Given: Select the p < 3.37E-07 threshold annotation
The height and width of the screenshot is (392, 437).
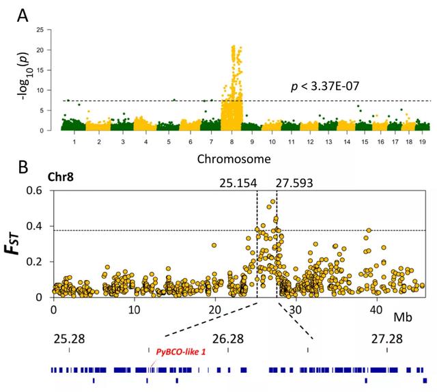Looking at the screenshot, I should (333, 88).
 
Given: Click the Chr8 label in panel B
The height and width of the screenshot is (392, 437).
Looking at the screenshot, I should (62, 178).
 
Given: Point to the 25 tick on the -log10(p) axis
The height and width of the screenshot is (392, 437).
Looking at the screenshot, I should (40, 30).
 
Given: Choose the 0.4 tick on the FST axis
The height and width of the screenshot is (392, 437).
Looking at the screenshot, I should (40, 225).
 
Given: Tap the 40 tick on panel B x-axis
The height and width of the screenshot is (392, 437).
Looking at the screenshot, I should (376, 310).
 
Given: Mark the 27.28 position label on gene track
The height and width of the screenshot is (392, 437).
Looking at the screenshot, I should (388, 339).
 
